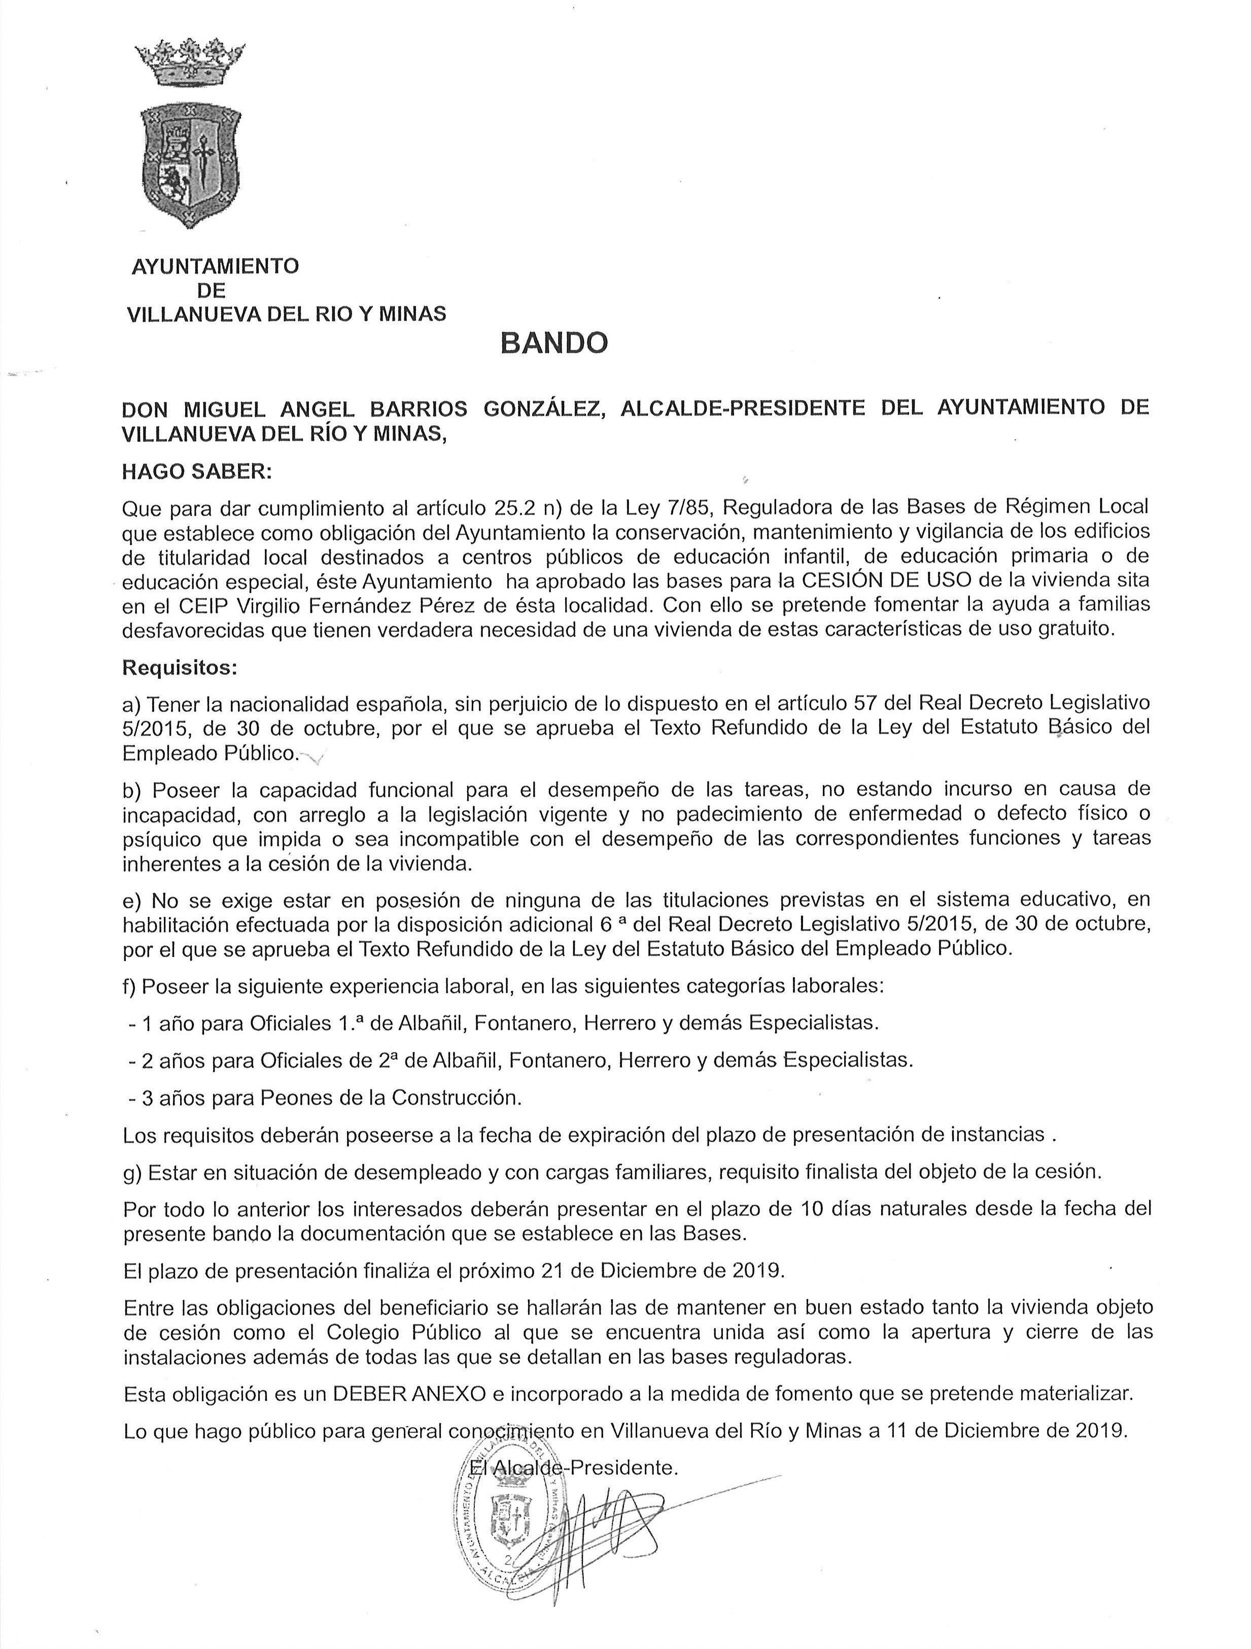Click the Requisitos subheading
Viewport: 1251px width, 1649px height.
point(180,668)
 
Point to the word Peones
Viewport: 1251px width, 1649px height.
point(291,1097)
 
